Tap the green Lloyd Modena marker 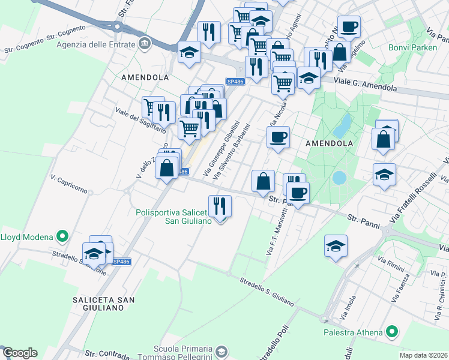click(61, 236)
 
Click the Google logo click(19, 353)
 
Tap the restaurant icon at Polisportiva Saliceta click(220, 207)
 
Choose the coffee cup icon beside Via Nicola click(278, 137)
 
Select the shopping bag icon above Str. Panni click(263, 181)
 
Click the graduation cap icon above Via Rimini click(336, 245)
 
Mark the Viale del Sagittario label click(140, 119)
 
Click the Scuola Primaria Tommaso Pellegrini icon click(221, 351)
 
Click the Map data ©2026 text click(424, 355)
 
